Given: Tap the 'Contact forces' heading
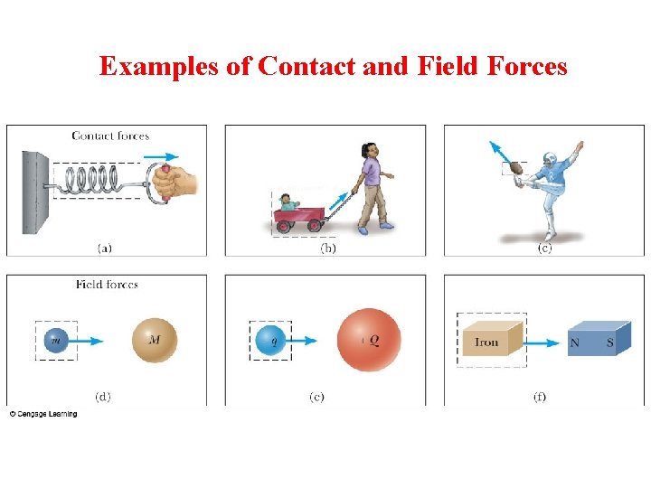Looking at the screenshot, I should tap(109, 136).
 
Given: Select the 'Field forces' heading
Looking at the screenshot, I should tap(107, 285).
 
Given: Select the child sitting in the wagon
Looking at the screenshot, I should tap(288, 202).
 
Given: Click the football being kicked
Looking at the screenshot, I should tap(517, 167).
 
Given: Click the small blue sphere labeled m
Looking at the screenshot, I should tap(55, 341).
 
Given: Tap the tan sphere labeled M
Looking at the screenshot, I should tap(155, 341).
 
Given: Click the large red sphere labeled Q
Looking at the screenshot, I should tap(368, 341).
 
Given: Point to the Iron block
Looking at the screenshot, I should tap(489, 342).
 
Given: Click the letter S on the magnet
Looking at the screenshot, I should tap(609, 343).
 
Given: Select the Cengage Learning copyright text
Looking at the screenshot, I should tap(43, 414).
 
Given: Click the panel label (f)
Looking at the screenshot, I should tap(539, 397).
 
